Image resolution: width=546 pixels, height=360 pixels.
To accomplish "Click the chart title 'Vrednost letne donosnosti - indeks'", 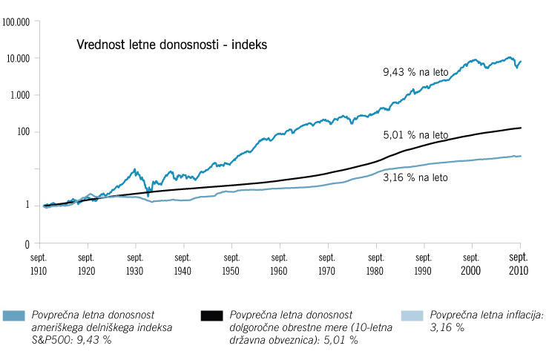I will coord(171,45).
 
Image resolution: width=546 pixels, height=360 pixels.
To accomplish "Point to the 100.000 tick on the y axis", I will coord(16,22).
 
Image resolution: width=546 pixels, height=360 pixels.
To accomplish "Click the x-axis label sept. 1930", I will coord(136,265).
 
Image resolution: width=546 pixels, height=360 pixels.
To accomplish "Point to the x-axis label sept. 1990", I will coord(424,265).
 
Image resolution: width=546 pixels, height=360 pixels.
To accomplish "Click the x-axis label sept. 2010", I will coord(519,265).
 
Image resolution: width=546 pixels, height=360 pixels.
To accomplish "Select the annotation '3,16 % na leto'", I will coord(418,177).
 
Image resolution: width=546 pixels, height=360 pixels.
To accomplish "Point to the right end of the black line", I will coord(520,128).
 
